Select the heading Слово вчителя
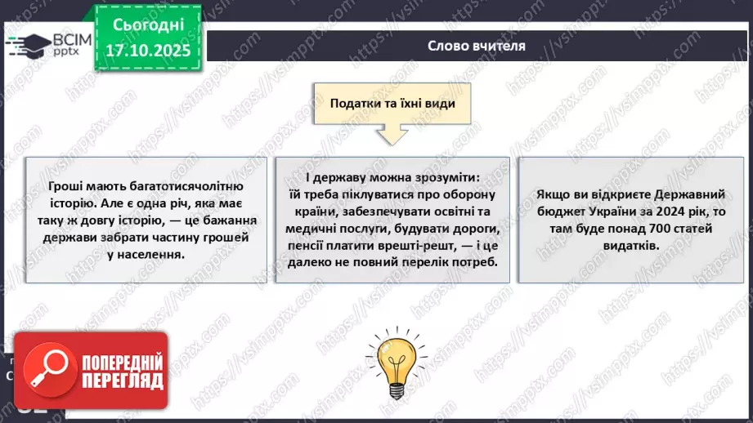tap(476, 46)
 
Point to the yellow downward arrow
tap(392, 133)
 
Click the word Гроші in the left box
tap(65, 185)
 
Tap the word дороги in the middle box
tap(472, 226)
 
